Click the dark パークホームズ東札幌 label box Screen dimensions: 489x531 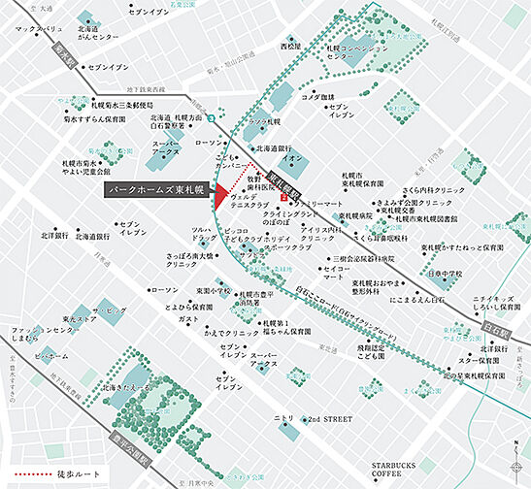coord(157,189)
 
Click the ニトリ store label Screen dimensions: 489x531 coord(283,417)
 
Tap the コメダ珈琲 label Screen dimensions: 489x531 coord(317,97)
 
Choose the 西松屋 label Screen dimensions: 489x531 coord(291,46)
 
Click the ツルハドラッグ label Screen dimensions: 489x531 coord(202,235)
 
